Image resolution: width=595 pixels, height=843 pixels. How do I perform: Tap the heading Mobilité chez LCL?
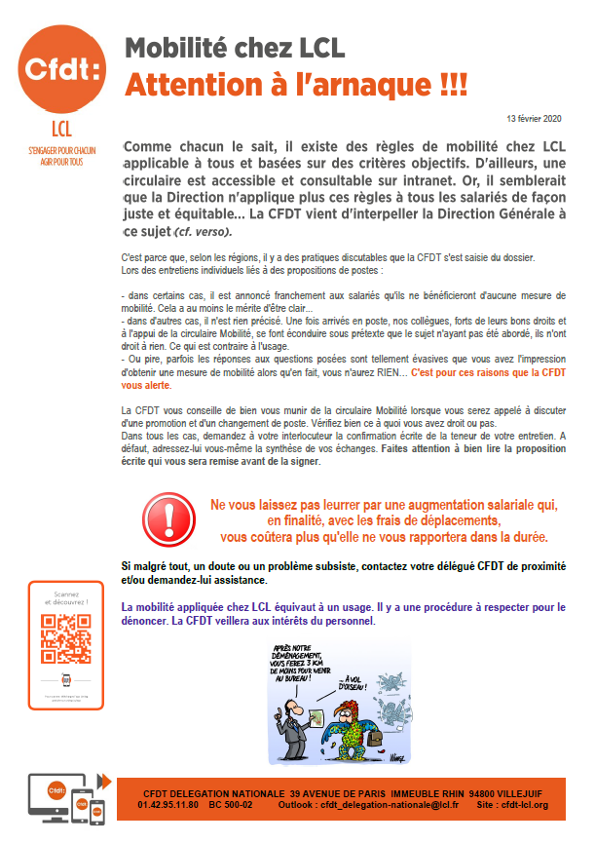pyautogui.click(x=236, y=48)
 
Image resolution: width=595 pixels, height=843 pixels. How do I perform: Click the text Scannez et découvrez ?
pyautogui.click(x=66, y=601)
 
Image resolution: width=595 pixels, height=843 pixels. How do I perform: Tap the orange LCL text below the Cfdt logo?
pyautogui.click(x=62, y=131)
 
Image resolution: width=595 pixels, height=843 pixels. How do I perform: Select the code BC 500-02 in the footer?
pyautogui.click(x=230, y=805)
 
